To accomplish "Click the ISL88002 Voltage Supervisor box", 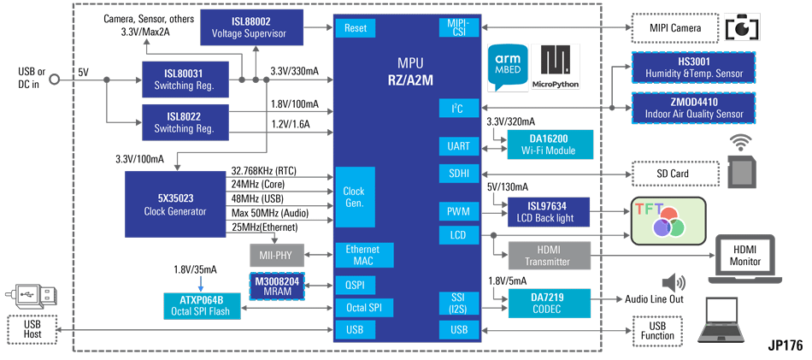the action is [x=251, y=27].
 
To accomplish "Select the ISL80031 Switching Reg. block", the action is [x=185, y=80].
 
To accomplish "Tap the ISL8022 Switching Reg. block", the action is [x=185, y=122].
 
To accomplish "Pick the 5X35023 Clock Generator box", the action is [x=175, y=204].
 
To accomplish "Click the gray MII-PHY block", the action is [x=278, y=255].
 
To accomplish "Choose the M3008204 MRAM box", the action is [x=278, y=286].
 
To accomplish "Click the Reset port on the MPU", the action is [x=356, y=28].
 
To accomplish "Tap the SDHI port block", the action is [x=459, y=174].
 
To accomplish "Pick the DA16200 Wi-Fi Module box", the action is [x=549, y=145].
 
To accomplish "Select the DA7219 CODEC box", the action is [x=549, y=304].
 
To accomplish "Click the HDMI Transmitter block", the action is [x=549, y=256].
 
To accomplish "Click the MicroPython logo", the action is [x=556, y=67].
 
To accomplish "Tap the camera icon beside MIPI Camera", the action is [x=743, y=27].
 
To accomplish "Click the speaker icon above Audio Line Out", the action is [x=674, y=283].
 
